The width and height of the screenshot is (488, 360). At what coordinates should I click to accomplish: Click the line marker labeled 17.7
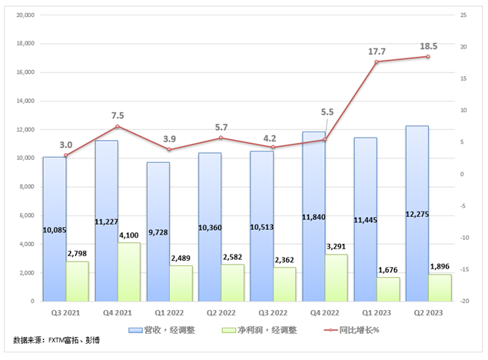377,62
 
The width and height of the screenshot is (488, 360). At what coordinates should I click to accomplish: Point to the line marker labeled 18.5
428,57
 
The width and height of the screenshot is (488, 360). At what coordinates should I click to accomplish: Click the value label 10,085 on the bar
54,228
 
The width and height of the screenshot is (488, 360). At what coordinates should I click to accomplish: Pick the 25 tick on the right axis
463,15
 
